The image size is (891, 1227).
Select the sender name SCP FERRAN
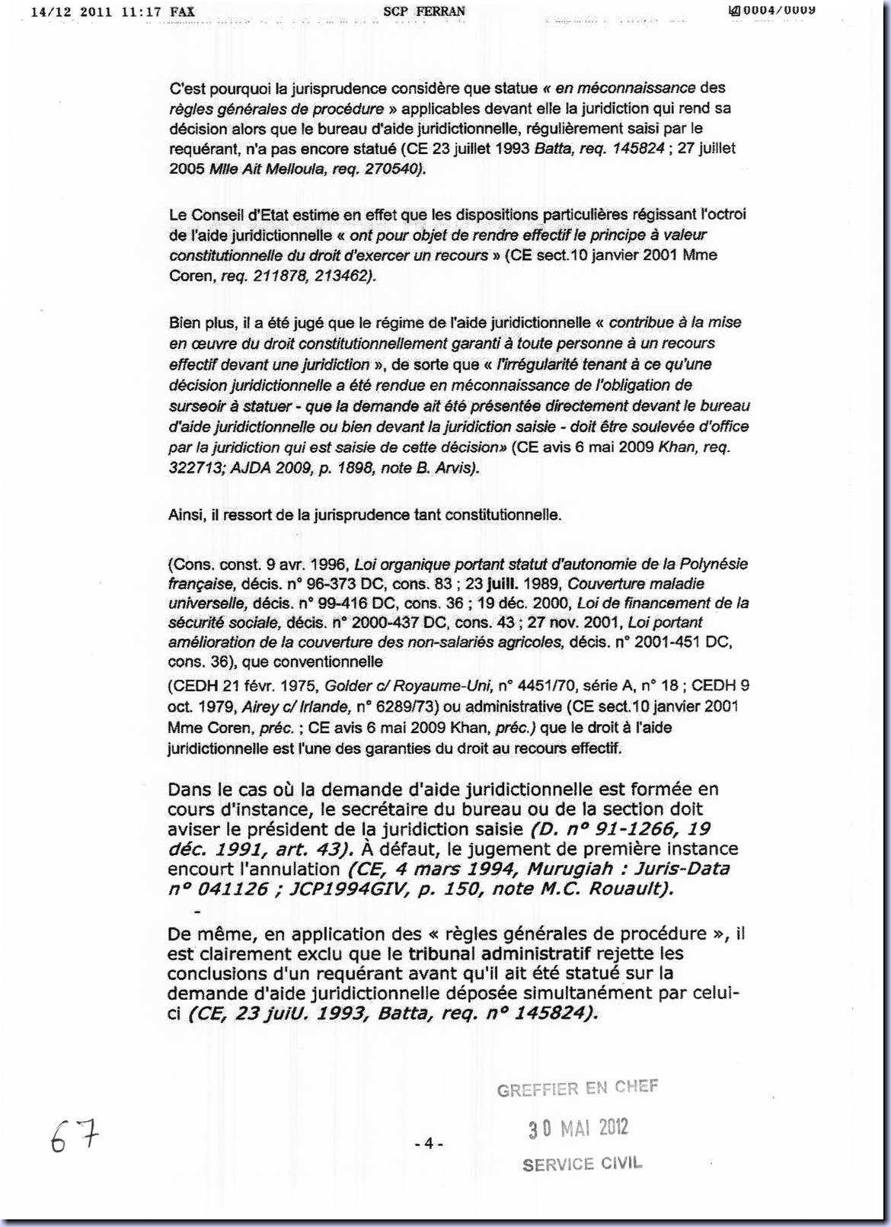tap(424, 11)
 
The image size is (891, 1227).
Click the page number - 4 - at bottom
tap(429, 1143)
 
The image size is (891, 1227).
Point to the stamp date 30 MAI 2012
tap(579, 1128)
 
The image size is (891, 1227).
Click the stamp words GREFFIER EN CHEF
tap(577, 1088)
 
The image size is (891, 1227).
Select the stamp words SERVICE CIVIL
tap(582, 1164)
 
